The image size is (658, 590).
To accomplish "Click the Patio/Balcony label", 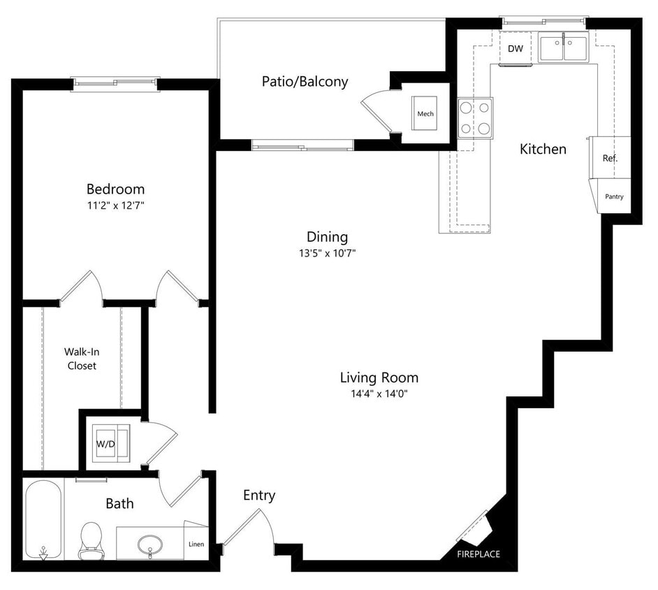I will pos(305,82).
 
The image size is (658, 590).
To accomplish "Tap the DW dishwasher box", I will pos(515,49).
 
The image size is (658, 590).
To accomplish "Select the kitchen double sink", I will pos(564,49).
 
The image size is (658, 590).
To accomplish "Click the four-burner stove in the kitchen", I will pos(475,118).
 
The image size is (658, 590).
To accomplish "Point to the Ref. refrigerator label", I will pos(610,159).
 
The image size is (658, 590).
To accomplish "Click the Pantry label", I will pos(614,197).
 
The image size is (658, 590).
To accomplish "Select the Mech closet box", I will pos(425,114).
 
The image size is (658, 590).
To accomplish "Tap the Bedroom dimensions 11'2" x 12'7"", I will pos(116,206).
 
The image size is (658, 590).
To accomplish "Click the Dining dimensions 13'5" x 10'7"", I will pos(327,254).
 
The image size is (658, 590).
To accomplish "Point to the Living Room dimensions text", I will pos(379,394).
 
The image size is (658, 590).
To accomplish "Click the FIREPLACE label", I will pos(478,554).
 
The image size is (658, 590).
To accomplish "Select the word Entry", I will pos(259,496).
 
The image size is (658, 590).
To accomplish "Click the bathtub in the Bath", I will pos(43,519).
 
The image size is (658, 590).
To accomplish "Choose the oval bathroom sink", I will pos(149,543).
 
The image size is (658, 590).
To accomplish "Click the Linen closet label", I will pos(196,544).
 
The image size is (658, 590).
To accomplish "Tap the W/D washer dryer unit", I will pos(106,443).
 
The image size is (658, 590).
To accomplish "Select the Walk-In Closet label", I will pos(82,359).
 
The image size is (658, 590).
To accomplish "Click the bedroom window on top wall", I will pos(116,84).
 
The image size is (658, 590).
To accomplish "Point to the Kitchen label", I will pos(543,149).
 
